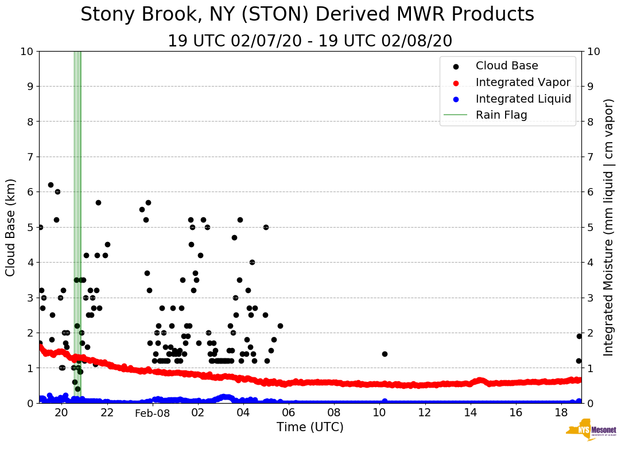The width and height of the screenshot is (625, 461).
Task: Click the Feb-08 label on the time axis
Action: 153,413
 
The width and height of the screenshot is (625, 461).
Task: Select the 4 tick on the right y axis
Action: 591,263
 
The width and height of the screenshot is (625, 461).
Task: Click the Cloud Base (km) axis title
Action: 11,227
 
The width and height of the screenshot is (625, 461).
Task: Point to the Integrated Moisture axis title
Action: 609,227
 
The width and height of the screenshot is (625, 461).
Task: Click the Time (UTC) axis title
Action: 310,427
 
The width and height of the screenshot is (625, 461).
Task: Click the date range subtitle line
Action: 310,41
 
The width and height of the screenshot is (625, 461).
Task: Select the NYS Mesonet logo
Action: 591,430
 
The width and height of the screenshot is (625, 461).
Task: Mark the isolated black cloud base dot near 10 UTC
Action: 385,354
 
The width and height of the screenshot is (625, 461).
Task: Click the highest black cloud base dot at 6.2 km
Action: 51,185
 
